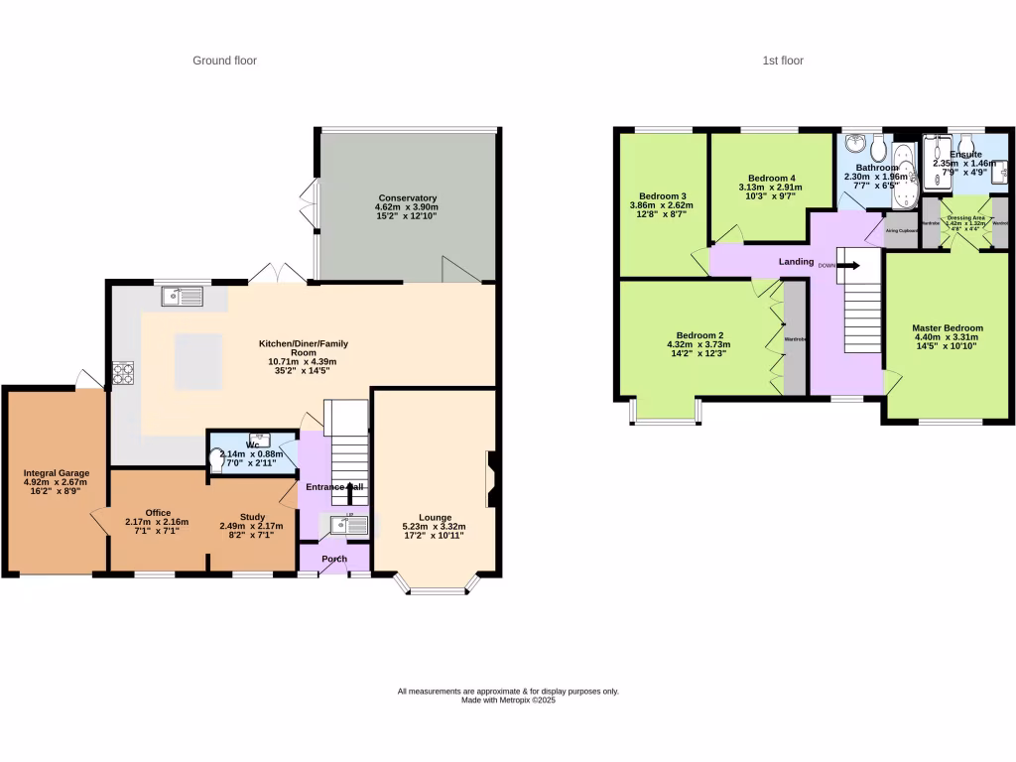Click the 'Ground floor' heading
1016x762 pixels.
[x=224, y=61]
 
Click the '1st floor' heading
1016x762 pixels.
[x=783, y=61]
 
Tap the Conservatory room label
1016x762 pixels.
[x=407, y=197]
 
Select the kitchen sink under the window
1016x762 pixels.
[x=184, y=295]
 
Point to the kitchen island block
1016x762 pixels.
[x=197, y=361]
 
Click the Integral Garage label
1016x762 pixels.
[x=57, y=473]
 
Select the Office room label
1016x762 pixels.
[x=158, y=513]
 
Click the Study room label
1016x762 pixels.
[x=252, y=513]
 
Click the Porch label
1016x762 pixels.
[x=333, y=558]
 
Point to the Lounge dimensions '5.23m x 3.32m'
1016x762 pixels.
[x=434, y=527]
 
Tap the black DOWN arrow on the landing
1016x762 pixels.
[x=848, y=265]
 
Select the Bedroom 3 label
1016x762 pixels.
[x=663, y=194]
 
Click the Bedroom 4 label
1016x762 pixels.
[x=771, y=178]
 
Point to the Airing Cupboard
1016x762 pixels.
[x=900, y=229]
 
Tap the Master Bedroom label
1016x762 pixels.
[x=948, y=327]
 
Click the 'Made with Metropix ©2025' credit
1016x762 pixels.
[x=508, y=700]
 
